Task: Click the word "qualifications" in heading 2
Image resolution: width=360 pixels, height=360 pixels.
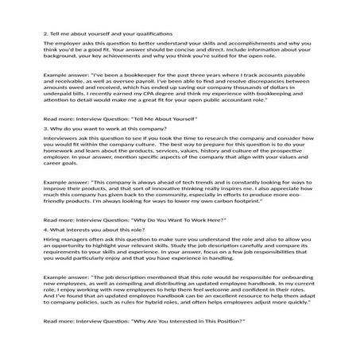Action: (x=148, y=35)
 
